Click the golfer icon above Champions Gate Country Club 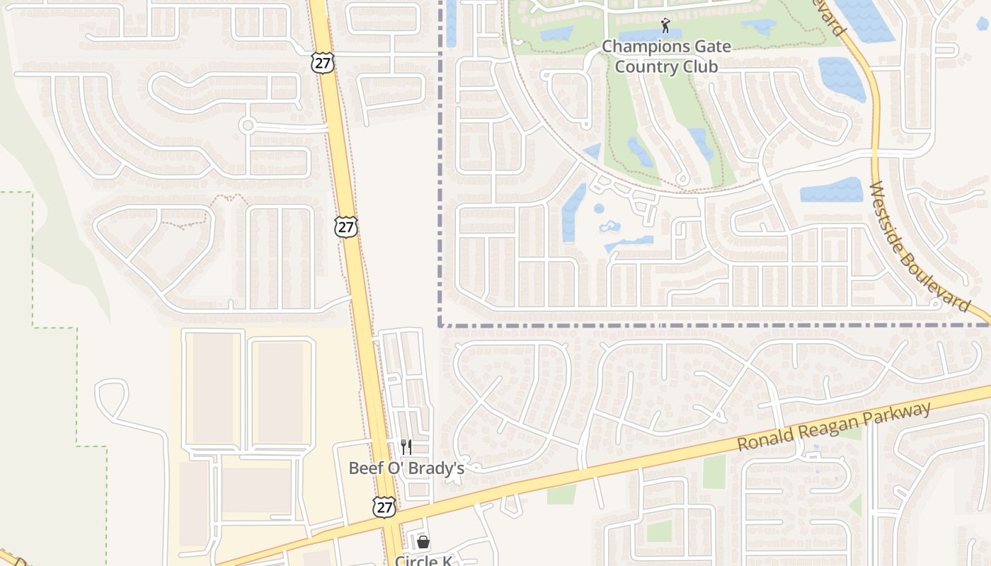tap(665, 27)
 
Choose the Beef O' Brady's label tap(406, 468)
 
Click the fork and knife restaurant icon tap(406, 446)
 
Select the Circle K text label tap(423, 560)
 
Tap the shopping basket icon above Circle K tap(423, 543)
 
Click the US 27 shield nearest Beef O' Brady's tap(384, 507)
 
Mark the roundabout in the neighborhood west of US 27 tap(247, 126)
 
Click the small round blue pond tap(599, 209)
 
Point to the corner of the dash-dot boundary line tap(440, 325)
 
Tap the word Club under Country tap(697, 67)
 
